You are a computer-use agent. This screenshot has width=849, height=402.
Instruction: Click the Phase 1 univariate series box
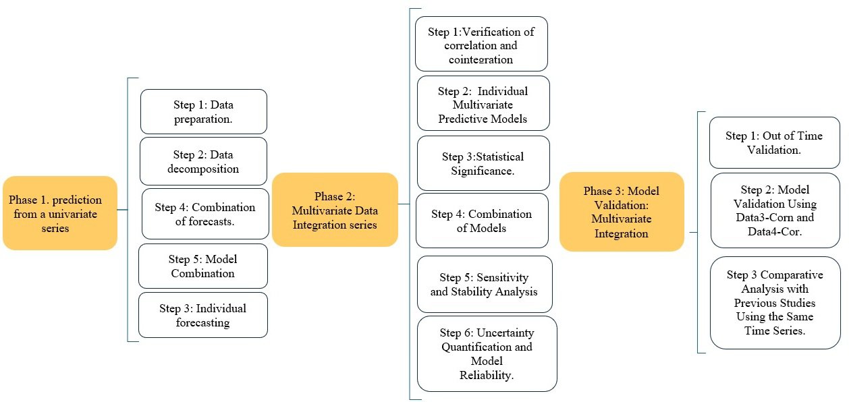[60, 213]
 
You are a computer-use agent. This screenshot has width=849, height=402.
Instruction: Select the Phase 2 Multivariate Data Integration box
[335, 209]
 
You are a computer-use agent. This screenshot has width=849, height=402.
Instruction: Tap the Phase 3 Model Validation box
[622, 212]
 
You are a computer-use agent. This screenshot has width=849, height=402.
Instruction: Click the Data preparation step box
[203, 111]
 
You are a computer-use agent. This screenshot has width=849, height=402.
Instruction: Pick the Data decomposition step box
[203, 161]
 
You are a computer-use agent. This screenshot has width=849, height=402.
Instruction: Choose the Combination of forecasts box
[205, 214]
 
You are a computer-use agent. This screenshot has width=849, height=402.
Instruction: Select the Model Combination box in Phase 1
[202, 266]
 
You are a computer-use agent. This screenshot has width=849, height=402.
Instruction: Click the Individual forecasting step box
[202, 315]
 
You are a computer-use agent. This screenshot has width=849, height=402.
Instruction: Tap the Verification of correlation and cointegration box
[481, 45]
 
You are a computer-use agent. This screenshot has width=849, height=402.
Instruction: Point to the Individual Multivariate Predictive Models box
[483, 104]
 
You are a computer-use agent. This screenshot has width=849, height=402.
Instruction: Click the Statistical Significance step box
[483, 163]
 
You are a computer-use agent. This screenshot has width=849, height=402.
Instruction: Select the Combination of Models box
[482, 221]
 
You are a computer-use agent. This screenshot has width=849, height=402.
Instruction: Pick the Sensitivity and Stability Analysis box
[484, 284]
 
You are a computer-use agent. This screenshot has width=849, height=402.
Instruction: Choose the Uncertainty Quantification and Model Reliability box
[487, 353]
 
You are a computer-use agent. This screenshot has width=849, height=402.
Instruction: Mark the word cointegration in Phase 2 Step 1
[481, 59]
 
